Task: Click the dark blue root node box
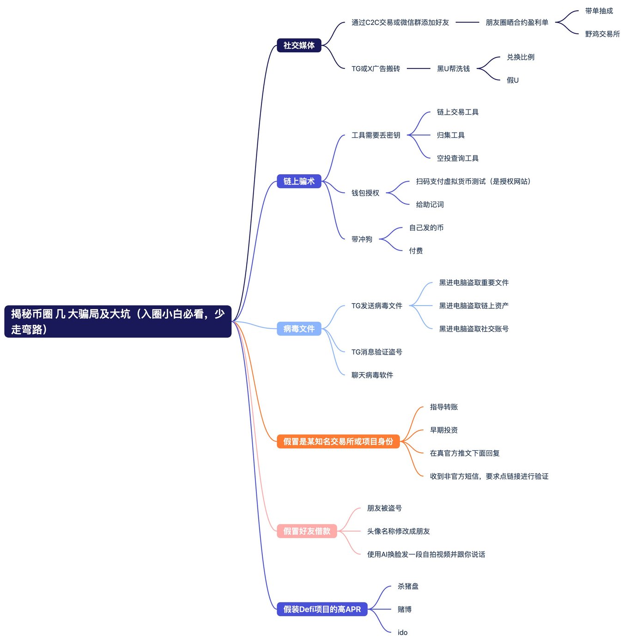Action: tap(118, 321)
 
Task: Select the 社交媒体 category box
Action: tap(299, 45)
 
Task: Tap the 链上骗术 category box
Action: tap(299, 181)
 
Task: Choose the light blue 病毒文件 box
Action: tap(299, 329)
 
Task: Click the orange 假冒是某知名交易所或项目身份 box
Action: tap(338, 441)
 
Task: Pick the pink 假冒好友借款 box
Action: tap(307, 531)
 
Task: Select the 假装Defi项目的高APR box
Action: tap(322, 609)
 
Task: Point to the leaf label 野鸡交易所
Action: tap(602, 34)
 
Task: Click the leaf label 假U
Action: tap(513, 80)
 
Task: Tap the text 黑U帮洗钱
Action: tap(454, 69)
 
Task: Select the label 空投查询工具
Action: tap(458, 158)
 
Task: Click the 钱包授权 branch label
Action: tap(365, 193)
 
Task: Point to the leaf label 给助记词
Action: tap(430, 204)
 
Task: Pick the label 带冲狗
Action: tap(362, 239)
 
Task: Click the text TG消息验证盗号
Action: tap(377, 352)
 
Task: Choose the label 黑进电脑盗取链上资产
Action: tap(474, 306)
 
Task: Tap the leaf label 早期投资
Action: tap(444, 430)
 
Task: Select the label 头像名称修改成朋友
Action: tap(399, 531)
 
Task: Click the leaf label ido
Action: tap(402, 632)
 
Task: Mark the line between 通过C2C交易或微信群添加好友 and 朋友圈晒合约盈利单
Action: tap(467, 22)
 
